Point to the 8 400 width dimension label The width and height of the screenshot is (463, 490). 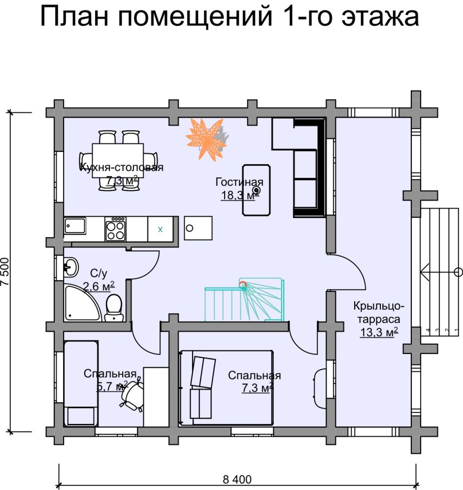coord(237,479)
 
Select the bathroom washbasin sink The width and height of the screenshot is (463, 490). coord(70,268)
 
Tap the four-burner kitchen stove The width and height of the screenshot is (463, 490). coord(115,230)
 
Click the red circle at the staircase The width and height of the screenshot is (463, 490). coord(242,284)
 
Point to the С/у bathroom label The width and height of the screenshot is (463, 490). coord(98,273)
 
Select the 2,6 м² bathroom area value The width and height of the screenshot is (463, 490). coord(99,286)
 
